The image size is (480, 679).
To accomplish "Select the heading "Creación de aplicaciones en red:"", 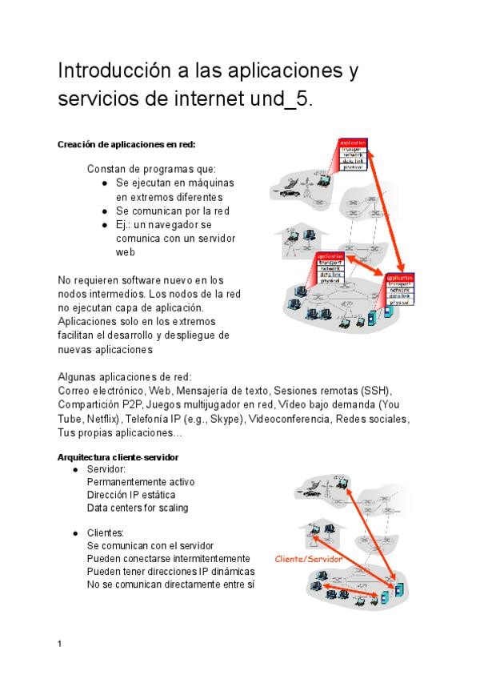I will tap(126, 145).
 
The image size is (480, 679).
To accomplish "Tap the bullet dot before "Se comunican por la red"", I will tap(106, 211).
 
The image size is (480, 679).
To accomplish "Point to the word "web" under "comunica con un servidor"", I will tap(125, 252).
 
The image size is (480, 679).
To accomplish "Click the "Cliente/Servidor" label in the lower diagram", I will tap(308, 559).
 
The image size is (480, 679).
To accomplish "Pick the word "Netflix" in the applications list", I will tap(98, 419).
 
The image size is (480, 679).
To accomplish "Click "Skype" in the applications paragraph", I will tap(225, 419).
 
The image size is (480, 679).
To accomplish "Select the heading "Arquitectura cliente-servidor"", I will tap(118, 457).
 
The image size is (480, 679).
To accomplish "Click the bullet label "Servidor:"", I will tap(107, 468).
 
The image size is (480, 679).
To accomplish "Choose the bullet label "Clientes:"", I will tap(106, 532).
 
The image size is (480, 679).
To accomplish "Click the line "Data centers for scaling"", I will tap(138, 508).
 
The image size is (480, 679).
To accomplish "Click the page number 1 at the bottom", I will tap(60, 643).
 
